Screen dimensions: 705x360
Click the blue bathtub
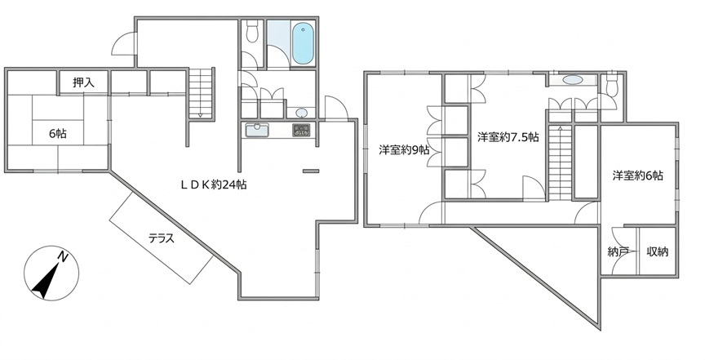[x=303, y=43]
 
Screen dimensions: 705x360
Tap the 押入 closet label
[x=83, y=82]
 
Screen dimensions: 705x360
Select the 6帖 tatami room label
[x=59, y=133]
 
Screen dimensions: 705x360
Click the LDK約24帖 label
[x=214, y=184]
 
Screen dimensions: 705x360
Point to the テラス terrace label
[x=162, y=238]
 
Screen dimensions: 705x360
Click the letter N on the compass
[x=63, y=257]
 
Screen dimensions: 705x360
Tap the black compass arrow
[x=46, y=281]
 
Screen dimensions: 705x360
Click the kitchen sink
[x=257, y=130]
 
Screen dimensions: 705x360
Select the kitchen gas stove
[x=301, y=130]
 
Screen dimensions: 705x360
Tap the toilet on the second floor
[x=611, y=85]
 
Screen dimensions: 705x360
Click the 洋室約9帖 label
[x=404, y=150]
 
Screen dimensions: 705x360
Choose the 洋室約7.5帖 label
[x=508, y=137]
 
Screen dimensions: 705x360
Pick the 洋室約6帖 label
[x=637, y=175]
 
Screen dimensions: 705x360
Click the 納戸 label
[x=618, y=252]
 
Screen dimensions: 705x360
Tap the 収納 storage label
[x=658, y=251]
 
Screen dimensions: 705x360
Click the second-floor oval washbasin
[x=573, y=80]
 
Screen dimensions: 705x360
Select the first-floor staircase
[x=200, y=93]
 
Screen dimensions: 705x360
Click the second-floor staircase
[x=560, y=163]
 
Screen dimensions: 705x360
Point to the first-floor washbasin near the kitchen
[x=302, y=112]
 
